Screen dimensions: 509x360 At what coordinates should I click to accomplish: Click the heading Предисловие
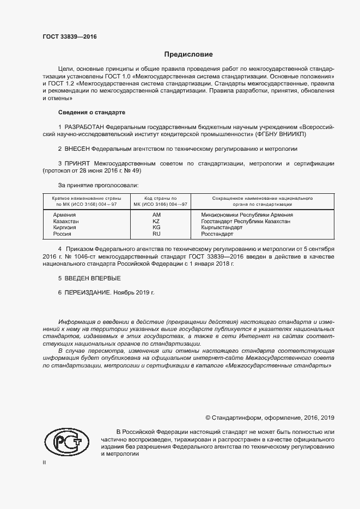pos(189,54)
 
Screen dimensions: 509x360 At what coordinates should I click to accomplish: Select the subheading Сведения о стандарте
pos(91,112)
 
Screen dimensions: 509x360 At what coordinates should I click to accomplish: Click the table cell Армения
pos(64,215)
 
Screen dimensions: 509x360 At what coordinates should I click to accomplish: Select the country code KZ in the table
pos(156,222)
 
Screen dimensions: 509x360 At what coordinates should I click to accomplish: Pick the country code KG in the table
pos(156,228)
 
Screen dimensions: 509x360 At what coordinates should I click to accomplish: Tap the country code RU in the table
pos(156,234)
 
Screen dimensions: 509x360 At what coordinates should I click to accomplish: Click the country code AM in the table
pos(156,215)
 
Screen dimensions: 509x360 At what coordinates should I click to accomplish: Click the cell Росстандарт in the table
pos(217,234)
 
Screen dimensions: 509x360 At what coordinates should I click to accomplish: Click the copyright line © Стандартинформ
pos(270,418)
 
